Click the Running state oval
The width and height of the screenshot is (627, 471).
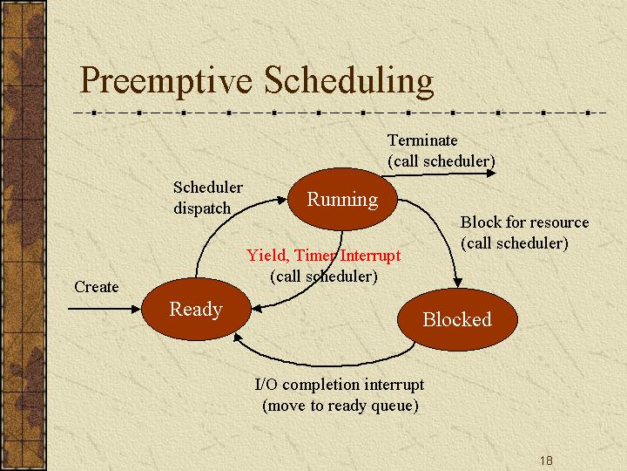click(x=343, y=199)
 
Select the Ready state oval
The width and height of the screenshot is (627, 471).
click(x=196, y=309)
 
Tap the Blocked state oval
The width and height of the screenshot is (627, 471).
click(x=457, y=319)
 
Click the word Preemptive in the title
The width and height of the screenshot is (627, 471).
click(x=166, y=81)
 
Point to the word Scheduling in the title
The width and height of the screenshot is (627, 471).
click(x=348, y=81)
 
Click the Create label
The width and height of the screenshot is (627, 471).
click(x=97, y=287)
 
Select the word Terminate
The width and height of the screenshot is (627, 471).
click(x=422, y=140)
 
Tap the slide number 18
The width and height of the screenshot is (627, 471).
click(x=546, y=461)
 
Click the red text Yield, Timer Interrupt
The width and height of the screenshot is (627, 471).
click(x=323, y=255)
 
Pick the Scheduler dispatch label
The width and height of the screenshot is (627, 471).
click(x=207, y=197)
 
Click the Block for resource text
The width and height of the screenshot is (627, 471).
click(x=524, y=222)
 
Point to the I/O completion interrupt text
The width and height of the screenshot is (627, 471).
click(x=339, y=385)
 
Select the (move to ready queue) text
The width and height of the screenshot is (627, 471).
click(x=340, y=406)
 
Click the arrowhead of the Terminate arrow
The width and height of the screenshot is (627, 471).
click(x=492, y=173)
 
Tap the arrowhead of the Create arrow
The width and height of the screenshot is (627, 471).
click(x=137, y=309)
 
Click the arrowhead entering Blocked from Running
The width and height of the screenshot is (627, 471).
click(x=457, y=283)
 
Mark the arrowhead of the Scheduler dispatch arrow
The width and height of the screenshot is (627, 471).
click(x=282, y=200)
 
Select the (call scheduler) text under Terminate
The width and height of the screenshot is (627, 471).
click(x=442, y=161)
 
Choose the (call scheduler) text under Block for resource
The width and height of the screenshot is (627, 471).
click(x=515, y=243)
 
